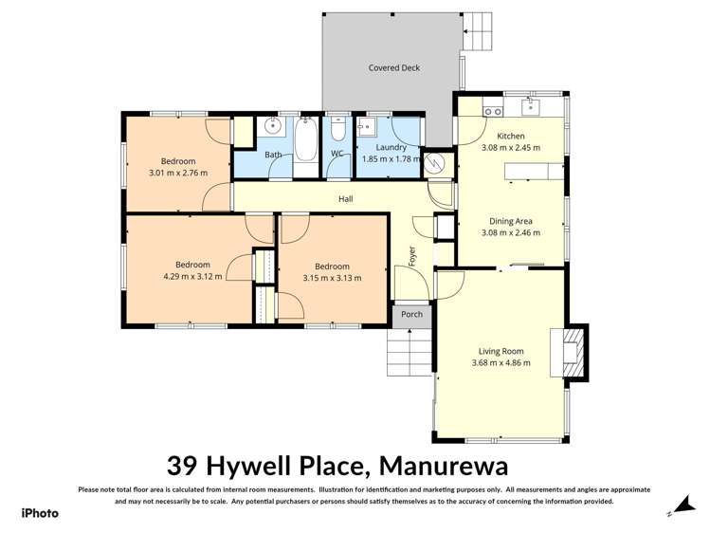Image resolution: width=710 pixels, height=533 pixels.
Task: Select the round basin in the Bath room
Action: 273,126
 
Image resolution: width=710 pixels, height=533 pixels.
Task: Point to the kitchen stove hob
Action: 493,111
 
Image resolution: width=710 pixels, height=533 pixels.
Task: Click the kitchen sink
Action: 532,106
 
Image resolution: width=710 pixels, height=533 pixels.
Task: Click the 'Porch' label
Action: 412,315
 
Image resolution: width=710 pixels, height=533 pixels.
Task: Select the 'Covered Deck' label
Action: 394,68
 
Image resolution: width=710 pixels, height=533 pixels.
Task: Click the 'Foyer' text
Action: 412,255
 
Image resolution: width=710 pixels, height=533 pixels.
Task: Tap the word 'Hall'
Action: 346,199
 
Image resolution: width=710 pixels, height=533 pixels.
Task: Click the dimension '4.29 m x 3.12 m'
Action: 192,277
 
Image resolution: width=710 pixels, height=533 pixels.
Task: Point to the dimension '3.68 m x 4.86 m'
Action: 501,362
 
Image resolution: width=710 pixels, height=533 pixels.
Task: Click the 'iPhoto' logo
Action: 40,513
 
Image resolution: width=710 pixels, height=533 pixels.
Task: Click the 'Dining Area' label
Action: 511,220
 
